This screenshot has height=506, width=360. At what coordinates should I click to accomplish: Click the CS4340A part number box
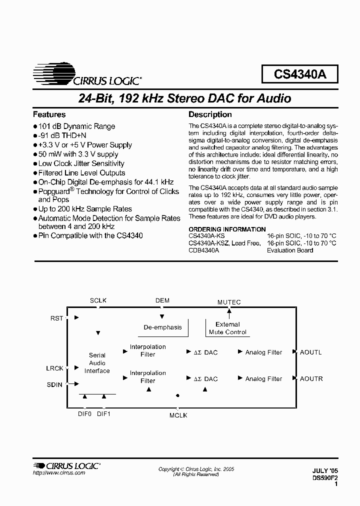pyautogui.click(x=299, y=74)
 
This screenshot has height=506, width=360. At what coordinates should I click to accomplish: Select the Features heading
pyautogui.click(x=49, y=114)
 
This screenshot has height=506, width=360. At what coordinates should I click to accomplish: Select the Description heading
pyautogui.click(x=210, y=114)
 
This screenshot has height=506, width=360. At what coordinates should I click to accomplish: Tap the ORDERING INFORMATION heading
pyautogui.click(x=227, y=229)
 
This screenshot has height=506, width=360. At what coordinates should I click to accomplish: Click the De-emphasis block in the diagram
pyautogui.click(x=162, y=327)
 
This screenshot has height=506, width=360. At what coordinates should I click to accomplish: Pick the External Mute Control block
pyautogui.click(x=228, y=328)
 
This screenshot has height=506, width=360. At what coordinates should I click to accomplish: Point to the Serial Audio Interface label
pyautogui.click(x=97, y=363)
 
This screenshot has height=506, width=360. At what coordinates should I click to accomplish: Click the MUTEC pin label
pyautogui.click(x=229, y=302)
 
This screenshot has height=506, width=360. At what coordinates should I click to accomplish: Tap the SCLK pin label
pyautogui.click(x=98, y=300)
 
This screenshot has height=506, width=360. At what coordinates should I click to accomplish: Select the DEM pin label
pyautogui.click(x=162, y=300)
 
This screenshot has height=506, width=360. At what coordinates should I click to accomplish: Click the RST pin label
pyautogui.click(x=57, y=318)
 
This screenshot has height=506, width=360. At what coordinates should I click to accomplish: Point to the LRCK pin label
pyautogui.click(x=55, y=368)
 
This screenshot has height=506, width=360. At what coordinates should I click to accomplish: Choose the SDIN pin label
pyautogui.click(x=55, y=384)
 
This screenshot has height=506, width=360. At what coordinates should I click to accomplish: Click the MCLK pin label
pyautogui.click(x=177, y=415)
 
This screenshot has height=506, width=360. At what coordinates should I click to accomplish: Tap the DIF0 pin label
pyautogui.click(x=84, y=413)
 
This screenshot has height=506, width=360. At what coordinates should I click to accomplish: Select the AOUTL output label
pyautogui.click(x=311, y=352)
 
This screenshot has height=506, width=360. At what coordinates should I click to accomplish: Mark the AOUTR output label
pyautogui.click(x=311, y=379)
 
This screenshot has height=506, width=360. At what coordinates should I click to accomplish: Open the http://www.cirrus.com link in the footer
pyautogui.click(x=59, y=473)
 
